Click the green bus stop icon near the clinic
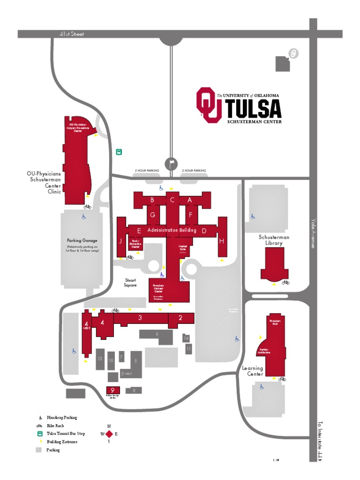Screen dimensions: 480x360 tap(119, 152)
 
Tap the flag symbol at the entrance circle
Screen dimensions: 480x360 tap(172, 163)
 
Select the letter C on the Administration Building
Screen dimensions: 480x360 tap(172, 200)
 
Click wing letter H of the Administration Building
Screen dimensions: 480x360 tap(222, 240)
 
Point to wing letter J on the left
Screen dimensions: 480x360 tap(120, 241)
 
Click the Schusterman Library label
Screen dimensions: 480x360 tap(274, 240)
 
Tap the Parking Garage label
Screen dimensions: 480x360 tap(82, 240)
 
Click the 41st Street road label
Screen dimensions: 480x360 tap(72, 34)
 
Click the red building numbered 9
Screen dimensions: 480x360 tap(113, 390)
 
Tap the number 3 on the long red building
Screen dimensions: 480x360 tap(140, 318)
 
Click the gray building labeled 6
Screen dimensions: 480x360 tap(157, 334)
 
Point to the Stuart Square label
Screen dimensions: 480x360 tap(130, 282)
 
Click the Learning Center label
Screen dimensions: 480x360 tap(252, 371)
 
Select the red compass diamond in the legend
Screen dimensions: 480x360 tap(109, 434)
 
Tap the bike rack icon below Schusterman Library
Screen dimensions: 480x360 tap(285, 282)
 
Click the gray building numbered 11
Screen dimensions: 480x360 tap(188, 349)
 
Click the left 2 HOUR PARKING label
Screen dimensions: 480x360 tap(147, 171)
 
